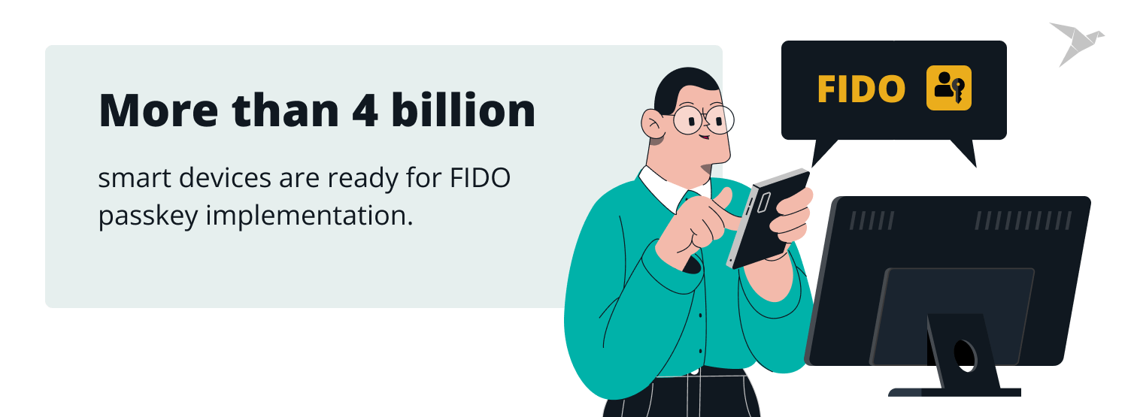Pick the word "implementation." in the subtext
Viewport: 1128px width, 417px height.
coord(309,216)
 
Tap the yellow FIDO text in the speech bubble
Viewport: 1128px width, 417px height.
coord(861,89)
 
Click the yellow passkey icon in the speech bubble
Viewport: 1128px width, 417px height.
coord(949,89)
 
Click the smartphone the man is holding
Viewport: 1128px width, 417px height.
coord(767,218)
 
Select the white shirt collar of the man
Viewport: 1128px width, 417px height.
coord(662,188)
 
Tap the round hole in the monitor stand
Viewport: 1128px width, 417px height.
coord(965,354)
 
